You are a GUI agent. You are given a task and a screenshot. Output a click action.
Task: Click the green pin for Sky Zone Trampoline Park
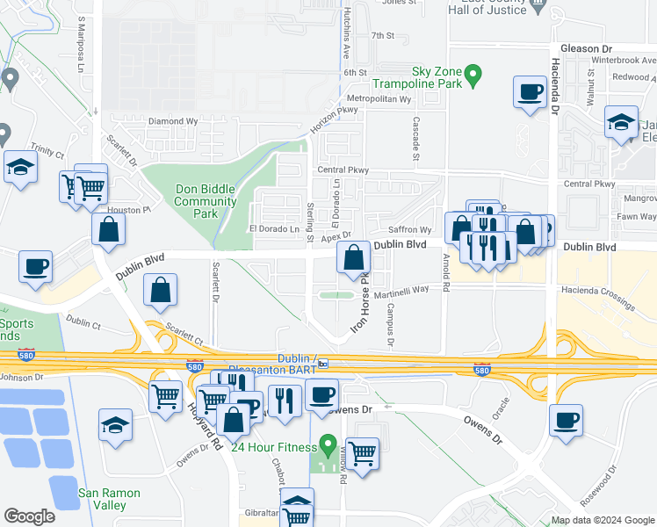point(473,76)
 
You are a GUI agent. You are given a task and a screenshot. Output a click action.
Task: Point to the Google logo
point(29,516)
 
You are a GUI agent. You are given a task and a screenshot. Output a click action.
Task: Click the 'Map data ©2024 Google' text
point(603,520)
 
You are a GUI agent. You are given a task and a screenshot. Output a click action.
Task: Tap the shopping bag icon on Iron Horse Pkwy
point(353,259)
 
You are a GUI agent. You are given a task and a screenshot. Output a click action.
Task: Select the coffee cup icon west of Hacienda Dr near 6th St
point(530,92)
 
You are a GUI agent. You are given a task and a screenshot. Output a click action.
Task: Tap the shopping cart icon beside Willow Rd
point(361,454)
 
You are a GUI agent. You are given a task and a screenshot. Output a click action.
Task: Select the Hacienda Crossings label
point(605,299)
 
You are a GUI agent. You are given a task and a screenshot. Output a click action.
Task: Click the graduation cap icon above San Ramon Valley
point(115,426)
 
